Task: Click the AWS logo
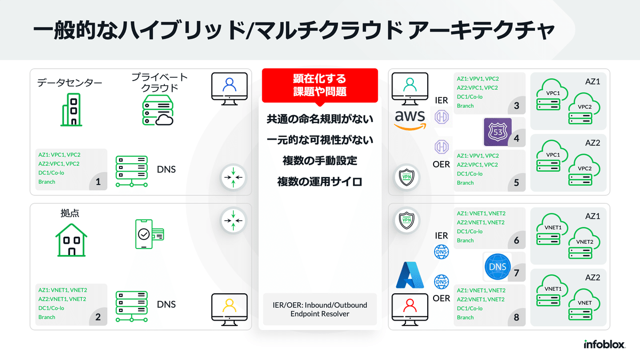pos(410,119)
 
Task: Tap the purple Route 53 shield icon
pos(497,132)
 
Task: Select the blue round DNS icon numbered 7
pos(497,267)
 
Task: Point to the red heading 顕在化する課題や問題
pos(319,85)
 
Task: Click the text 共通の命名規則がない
pos(319,119)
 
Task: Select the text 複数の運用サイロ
pos(319,181)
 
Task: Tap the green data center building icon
pos(71,110)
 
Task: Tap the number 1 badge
pos(98,182)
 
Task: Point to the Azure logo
pos(410,275)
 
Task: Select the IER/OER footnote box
pos(320,309)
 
